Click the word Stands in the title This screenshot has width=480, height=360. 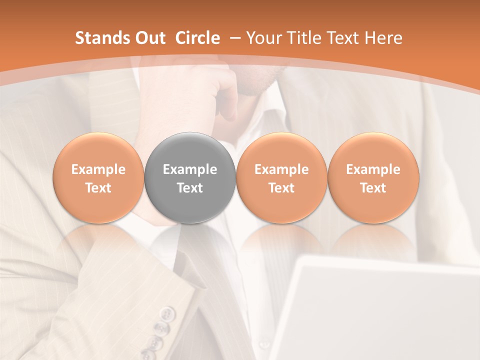(100, 38)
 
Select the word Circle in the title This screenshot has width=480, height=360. (197, 38)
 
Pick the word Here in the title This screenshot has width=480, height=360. (383, 38)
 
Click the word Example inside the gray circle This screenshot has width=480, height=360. (190, 169)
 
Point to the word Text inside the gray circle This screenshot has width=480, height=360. (190, 188)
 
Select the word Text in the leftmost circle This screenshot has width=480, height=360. (98, 188)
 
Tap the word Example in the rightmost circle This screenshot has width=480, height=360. (373, 169)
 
